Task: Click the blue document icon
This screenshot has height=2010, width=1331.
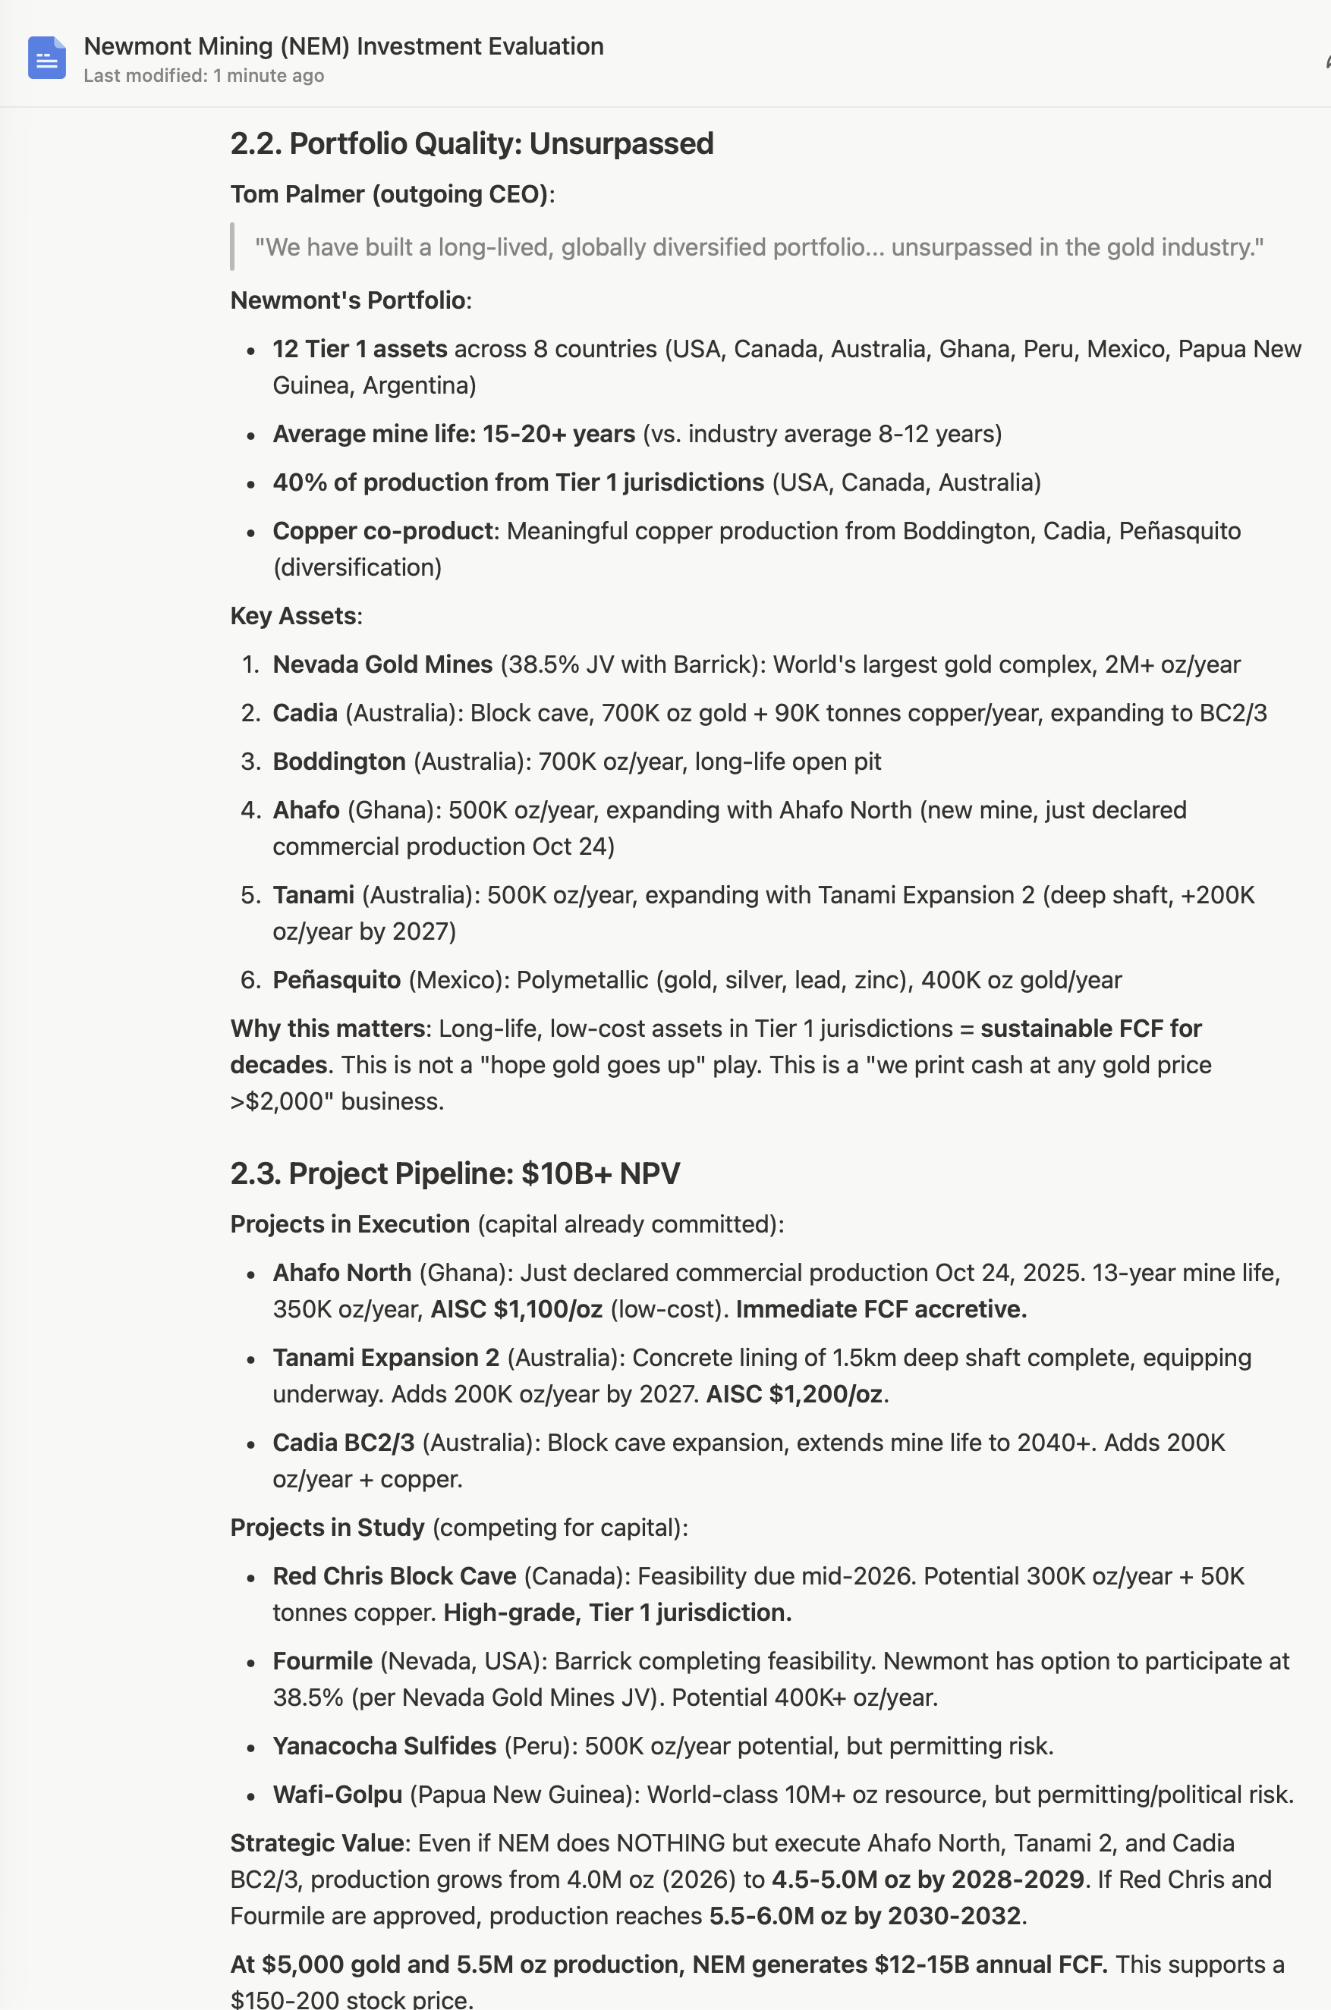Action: [47, 58]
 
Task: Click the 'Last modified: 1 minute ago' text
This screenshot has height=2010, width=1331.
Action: [203, 76]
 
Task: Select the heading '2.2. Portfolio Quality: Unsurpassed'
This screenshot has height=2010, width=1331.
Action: [471, 143]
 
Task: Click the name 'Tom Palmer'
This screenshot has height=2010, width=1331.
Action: [297, 194]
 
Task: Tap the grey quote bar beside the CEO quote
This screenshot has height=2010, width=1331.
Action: [231, 247]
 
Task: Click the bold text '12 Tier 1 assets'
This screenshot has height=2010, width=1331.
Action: [359, 349]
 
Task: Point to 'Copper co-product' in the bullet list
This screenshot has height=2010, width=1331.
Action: [382, 531]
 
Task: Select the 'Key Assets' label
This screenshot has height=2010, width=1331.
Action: [293, 616]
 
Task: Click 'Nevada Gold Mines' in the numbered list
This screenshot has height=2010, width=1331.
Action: [382, 664]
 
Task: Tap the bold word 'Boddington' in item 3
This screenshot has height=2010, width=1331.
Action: [338, 762]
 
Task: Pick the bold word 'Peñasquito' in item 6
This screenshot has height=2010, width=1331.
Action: [336, 980]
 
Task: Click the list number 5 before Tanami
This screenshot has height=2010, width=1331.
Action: [249, 895]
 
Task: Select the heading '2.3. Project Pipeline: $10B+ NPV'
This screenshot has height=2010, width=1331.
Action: [455, 1173]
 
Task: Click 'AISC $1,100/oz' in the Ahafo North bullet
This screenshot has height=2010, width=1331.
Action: [516, 1309]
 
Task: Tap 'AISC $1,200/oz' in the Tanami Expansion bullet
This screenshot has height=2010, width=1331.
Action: [795, 1394]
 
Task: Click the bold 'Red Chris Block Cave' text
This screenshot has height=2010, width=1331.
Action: [394, 1576]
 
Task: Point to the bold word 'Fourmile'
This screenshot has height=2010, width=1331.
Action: [323, 1661]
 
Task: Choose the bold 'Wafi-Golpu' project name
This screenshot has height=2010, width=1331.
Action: [337, 1795]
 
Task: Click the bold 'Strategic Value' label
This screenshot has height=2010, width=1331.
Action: [316, 1843]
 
